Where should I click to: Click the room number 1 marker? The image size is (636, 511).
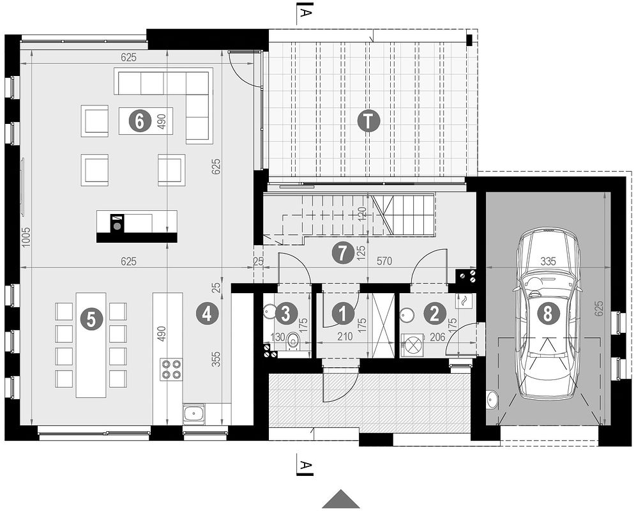tap(344, 314)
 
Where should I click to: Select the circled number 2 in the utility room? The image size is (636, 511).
tap(435, 314)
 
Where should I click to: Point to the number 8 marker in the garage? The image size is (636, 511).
tap(547, 313)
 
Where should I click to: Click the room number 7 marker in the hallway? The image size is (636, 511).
tap(343, 253)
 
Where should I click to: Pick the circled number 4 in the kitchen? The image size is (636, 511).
tap(205, 314)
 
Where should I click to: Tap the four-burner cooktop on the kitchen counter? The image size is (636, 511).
tap(170, 370)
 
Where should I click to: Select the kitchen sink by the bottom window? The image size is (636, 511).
tap(193, 413)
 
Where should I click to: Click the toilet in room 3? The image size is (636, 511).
tap(293, 342)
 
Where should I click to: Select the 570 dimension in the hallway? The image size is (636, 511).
tap(384, 261)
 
